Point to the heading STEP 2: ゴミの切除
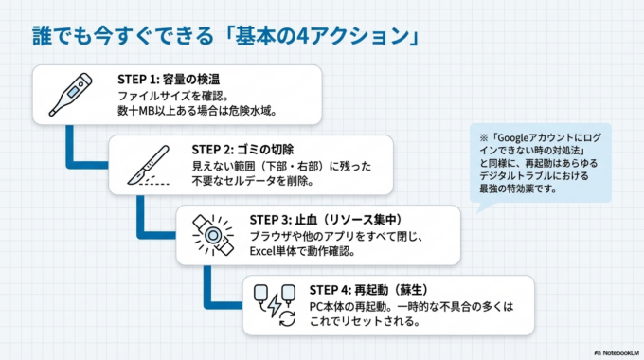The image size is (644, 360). pyautogui.click(x=242, y=149)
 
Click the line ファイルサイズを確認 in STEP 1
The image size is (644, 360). pyautogui.click(x=171, y=97)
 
